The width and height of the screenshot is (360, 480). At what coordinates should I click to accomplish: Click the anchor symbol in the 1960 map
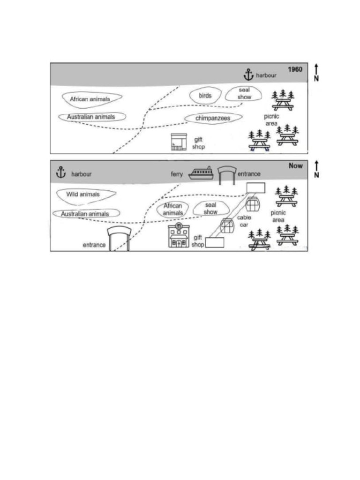[248, 75]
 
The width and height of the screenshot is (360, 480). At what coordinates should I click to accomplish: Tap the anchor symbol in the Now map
[60, 172]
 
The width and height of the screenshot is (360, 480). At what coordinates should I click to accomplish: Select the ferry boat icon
[201, 173]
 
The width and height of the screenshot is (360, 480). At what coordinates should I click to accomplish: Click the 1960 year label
[295, 69]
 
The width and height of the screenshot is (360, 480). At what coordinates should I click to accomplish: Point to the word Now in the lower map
[296, 166]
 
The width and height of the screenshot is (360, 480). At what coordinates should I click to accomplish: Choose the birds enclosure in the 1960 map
[205, 96]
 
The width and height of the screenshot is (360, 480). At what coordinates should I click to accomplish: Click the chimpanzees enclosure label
[213, 119]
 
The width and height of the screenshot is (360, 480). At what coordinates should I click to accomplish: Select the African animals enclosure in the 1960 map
[90, 99]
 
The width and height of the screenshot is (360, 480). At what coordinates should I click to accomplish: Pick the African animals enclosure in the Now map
[172, 210]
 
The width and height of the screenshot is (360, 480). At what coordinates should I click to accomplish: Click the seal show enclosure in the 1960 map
[244, 93]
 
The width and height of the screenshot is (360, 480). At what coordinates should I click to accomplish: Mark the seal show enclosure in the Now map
[210, 209]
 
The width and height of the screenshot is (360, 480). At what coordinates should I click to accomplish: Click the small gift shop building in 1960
[179, 142]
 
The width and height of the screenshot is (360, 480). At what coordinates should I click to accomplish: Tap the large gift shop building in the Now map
[179, 236]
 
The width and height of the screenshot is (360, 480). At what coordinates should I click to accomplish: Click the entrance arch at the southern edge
[118, 239]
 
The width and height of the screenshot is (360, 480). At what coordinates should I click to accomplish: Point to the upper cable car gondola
[253, 205]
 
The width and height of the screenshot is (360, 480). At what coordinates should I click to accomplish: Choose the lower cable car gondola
[228, 226]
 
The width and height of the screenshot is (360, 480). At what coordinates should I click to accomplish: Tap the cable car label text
[244, 221]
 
